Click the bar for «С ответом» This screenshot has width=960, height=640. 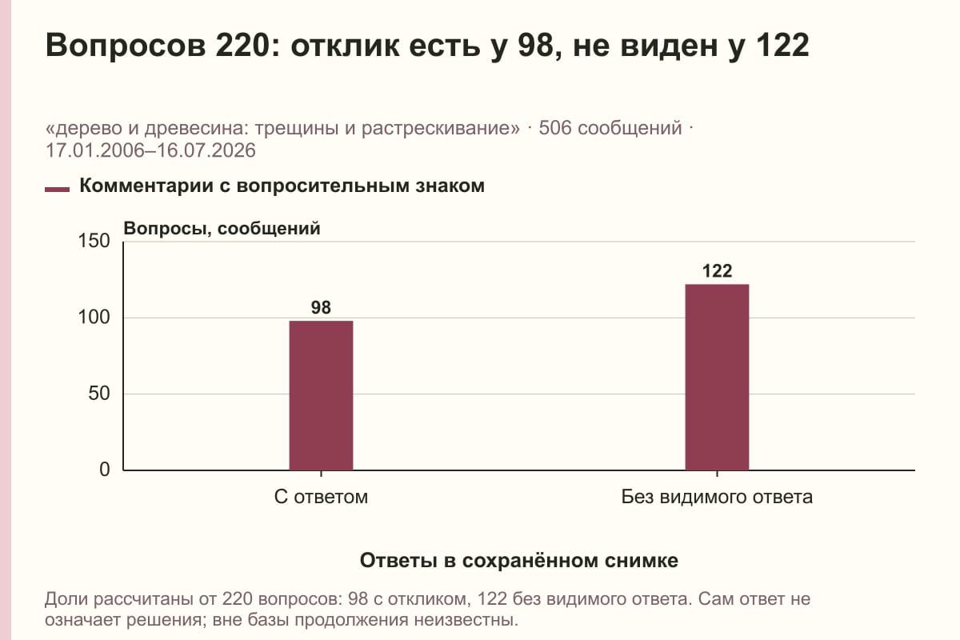tap(321, 395)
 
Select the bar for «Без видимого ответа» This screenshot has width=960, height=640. tap(717, 378)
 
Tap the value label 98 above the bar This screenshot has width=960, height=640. tap(321, 307)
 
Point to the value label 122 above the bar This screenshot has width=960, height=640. tap(717, 271)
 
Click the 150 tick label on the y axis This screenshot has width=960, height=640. tap(94, 241)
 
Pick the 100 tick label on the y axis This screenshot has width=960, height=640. tap(94, 318)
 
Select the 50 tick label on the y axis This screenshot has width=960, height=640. tap(99, 394)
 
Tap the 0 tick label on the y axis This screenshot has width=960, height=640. tap(105, 470)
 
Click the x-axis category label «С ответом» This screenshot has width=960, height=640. tap(321, 497)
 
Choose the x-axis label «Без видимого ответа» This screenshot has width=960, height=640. tap(717, 497)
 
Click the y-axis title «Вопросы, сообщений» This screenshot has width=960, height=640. tap(222, 229)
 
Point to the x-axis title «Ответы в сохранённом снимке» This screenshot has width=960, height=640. tap(519, 561)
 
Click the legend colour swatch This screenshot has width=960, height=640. tap(57, 189)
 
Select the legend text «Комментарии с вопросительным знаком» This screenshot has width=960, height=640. tap(282, 186)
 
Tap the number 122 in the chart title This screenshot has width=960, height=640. tap(782, 45)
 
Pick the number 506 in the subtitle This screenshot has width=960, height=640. tap(555, 128)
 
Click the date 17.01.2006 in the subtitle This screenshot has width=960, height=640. tap(97, 151)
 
